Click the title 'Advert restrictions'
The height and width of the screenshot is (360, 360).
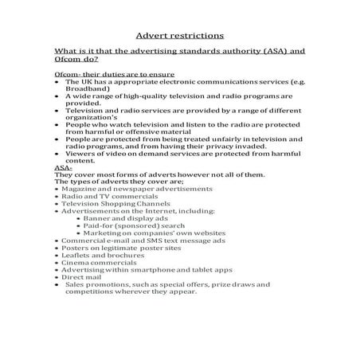click(x=180, y=35)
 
